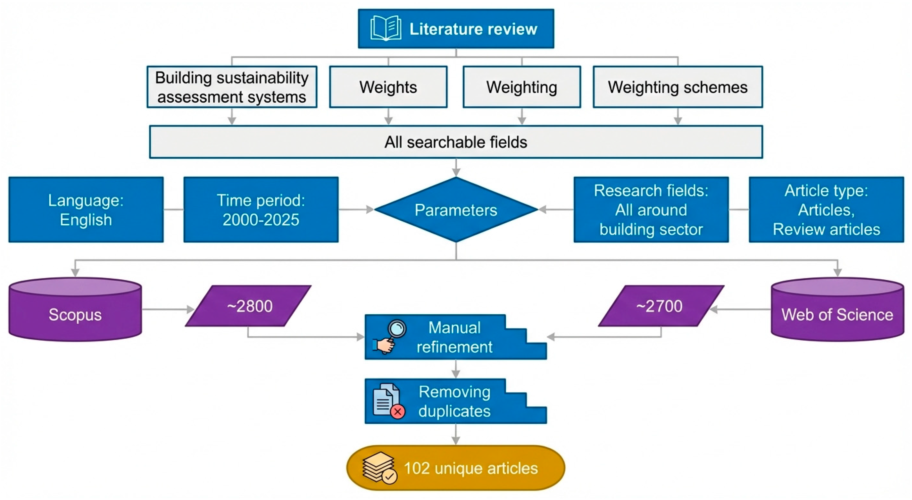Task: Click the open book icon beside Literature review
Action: coord(386,28)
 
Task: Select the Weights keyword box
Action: coord(388,87)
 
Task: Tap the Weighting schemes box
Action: coord(678,87)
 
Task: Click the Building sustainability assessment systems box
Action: coord(232,87)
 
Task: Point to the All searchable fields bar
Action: coord(456,142)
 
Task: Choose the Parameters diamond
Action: coord(456,210)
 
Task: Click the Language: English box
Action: coord(86,210)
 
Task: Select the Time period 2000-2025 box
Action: coord(261,210)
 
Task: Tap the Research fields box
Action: coord(651,210)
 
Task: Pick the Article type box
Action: coord(826,210)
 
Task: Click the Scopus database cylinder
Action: coord(75,310)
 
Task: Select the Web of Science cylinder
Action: coord(837,310)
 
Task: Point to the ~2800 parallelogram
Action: coord(248,306)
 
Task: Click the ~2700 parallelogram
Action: coord(661,306)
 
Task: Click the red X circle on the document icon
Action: coord(398,411)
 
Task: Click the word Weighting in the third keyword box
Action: coord(521,88)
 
